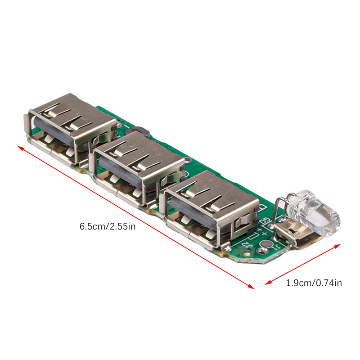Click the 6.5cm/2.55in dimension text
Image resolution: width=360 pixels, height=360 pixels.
click(108, 227)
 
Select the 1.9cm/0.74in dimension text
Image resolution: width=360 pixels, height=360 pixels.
click(314, 283)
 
